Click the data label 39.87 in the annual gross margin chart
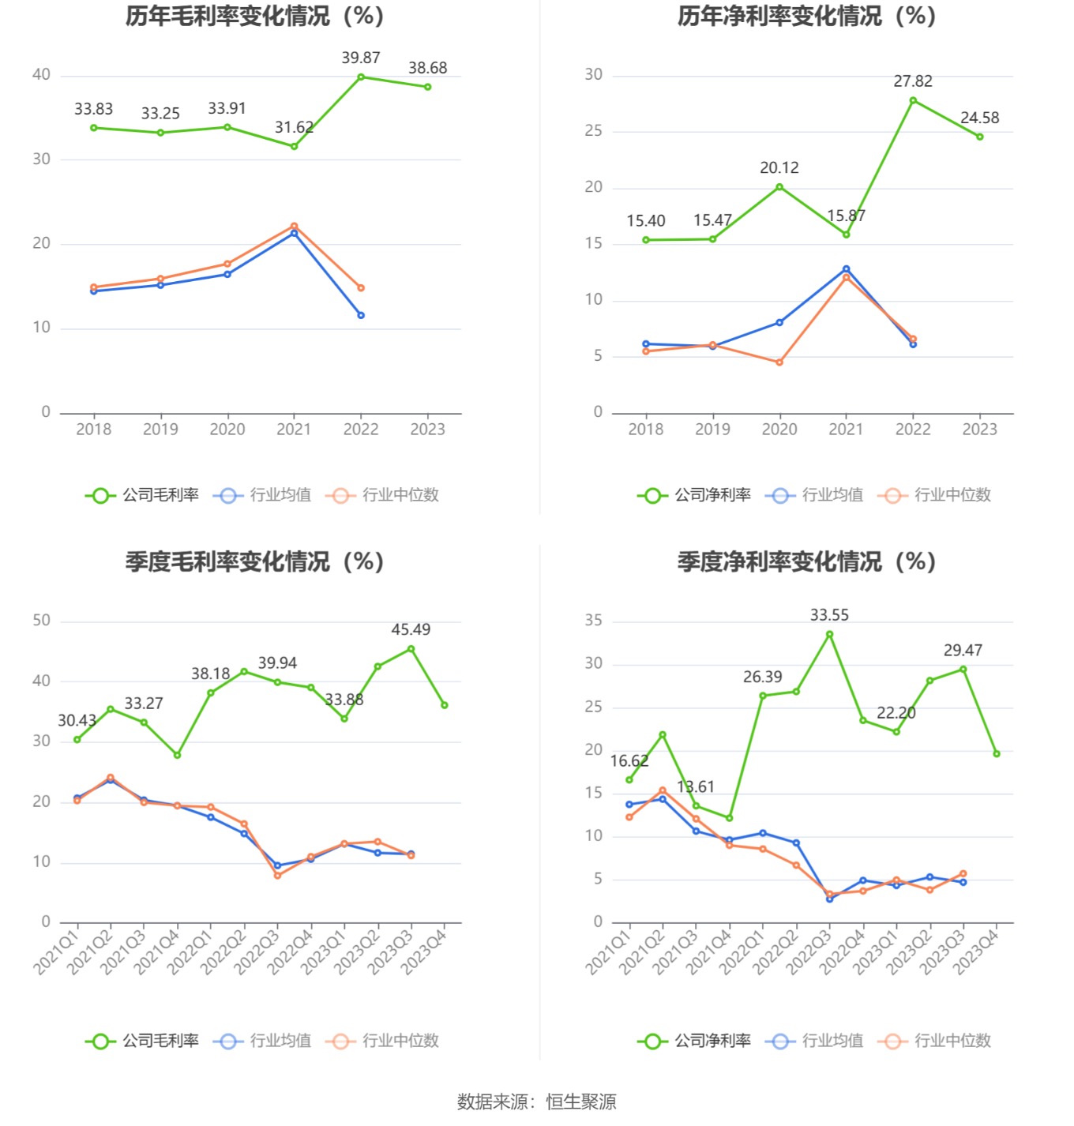(x=361, y=58)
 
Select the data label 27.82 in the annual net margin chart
(x=913, y=81)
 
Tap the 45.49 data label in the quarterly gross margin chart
(x=411, y=629)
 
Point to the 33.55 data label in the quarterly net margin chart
(x=829, y=615)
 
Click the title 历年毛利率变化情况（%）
(x=254, y=16)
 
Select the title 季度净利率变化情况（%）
(x=806, y=561)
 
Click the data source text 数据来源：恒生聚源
(x=537, y=1102)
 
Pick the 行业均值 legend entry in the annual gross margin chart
(x=263, y=495)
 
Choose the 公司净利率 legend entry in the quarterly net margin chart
(x=695, y=1041)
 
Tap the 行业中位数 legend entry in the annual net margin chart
(x=935, y=495)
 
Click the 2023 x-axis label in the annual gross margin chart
(x=427, y=430)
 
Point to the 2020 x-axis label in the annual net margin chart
(x=779, y=430)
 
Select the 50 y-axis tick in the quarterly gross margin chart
(x=42, y=621)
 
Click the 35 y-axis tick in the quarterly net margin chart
(x=594, y=621)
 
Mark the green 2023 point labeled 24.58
(x=980, y=137)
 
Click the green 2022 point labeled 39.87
(x=361, y=77)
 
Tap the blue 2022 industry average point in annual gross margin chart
(x=361, y=315)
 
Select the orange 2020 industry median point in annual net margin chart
(x=779, y=362)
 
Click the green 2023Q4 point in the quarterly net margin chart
(x=997, y=753)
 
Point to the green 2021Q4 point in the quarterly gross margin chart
(x=177, y=755)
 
